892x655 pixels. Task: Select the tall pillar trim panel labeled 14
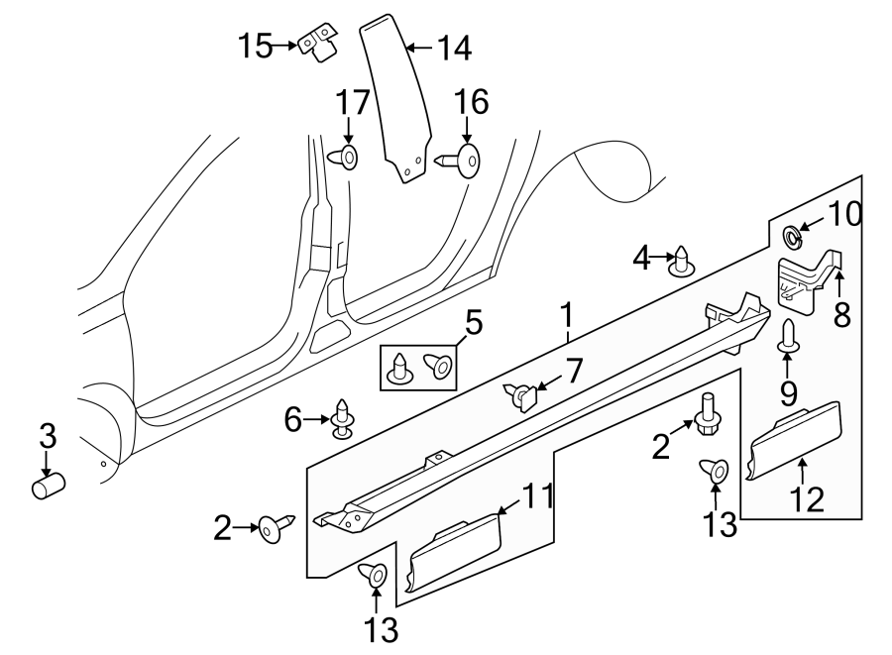[x=402, y=99]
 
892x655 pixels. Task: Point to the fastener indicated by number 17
[x=347, y=157]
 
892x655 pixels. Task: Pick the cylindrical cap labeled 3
[x=48, y=487]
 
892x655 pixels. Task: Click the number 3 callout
[x=47, y=436]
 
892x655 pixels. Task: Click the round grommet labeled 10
[x=793, y=236]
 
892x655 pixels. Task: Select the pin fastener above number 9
[x=788, y=335]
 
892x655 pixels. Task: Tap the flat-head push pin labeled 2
[x=274, y=530]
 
